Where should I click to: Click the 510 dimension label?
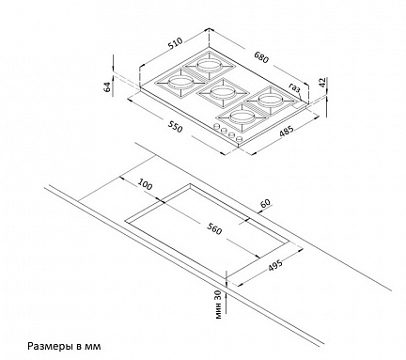point(175,43)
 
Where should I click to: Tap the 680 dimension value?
point(261,57)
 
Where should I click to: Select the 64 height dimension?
point(107,86)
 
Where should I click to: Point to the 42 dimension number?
point(323,82)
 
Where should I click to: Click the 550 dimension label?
point(175,127)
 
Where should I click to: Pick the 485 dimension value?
point(287,131)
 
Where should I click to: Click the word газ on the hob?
point(294,88)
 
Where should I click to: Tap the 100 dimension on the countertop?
point(145,184)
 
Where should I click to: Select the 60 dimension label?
point(265,203)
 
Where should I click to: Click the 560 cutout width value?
point(214,229)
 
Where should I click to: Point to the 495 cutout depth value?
point(275,265)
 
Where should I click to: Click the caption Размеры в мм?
point(65,346)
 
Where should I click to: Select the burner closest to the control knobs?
point(241,117)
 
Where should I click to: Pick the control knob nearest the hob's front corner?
point(240,139)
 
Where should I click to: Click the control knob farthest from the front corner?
point(216,126)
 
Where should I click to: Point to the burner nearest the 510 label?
point(208,65)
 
